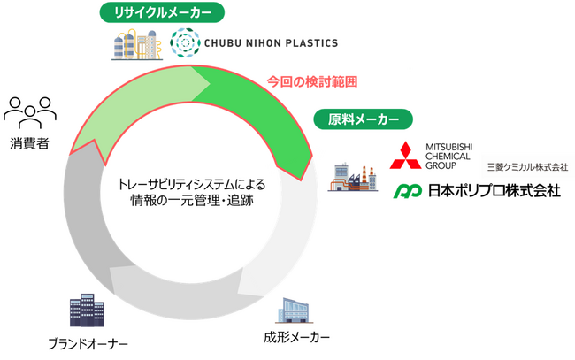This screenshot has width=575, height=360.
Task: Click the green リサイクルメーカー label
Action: pyautogui.click(x=160, y=13)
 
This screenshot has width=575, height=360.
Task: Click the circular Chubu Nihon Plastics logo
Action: pyautogui.click(x=186, y=43)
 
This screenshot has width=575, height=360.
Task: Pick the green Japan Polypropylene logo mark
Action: pyautogui.click(x=408, y=190)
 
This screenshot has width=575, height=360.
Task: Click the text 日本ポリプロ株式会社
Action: pyautogui.click(x=494, y=190)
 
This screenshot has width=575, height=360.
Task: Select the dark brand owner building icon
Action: pyautogui.click(x=88, y=310)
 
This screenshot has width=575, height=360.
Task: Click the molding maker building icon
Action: pyautogui.click(x=296, y=310)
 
